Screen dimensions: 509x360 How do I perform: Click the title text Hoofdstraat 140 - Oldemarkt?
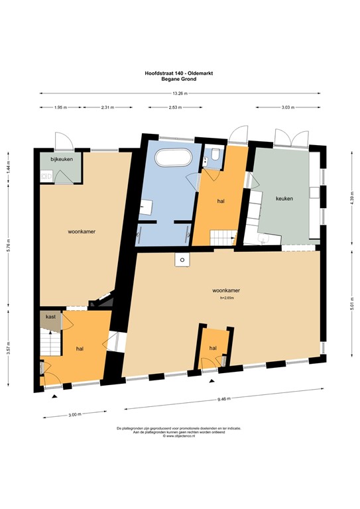179,74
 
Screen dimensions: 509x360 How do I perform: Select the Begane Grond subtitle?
179,79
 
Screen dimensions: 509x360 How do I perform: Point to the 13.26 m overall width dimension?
179,93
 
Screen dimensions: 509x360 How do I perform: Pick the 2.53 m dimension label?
176,107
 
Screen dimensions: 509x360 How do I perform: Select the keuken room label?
285,198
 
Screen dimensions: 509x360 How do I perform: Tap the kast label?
50,317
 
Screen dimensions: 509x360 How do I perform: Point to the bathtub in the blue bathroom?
173,159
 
